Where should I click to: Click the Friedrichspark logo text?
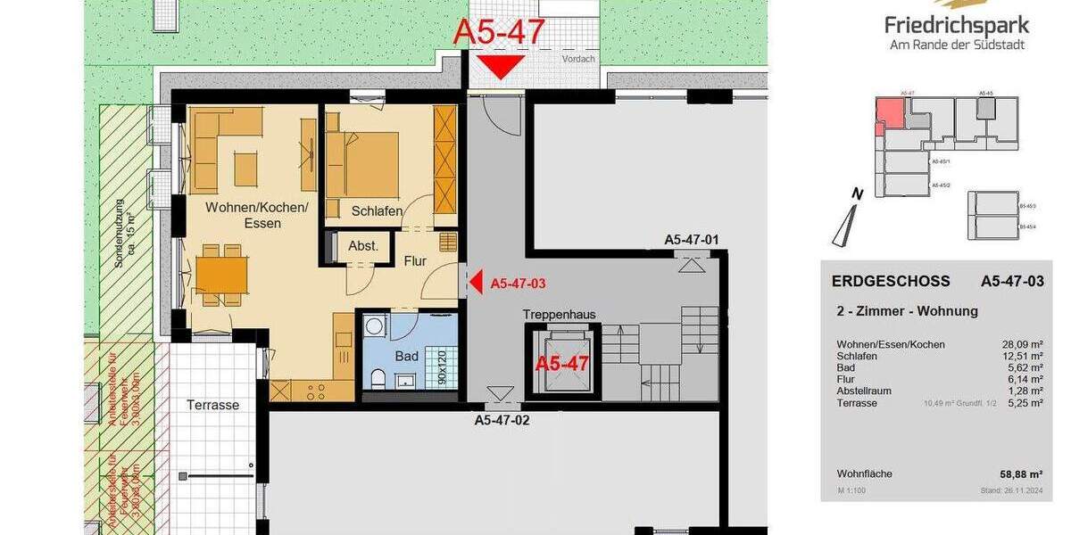(x=956, y=24)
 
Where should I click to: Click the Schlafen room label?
(x=377, y=211)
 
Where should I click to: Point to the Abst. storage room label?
(x=363, y=246)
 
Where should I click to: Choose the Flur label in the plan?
(x=415, y=261)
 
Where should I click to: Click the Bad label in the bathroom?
(x=407, y=356)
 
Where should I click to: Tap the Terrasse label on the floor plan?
(x=212, y=405)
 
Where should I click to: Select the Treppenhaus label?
(x=559, y=315)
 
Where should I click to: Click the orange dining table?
(x=221, y=275)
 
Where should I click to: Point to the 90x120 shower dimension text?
(x=441, y=366)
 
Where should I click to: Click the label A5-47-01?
(x=691, y=240)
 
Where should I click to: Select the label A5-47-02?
(x=502, y=419)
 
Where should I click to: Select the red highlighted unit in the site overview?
(x=888, y=115)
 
